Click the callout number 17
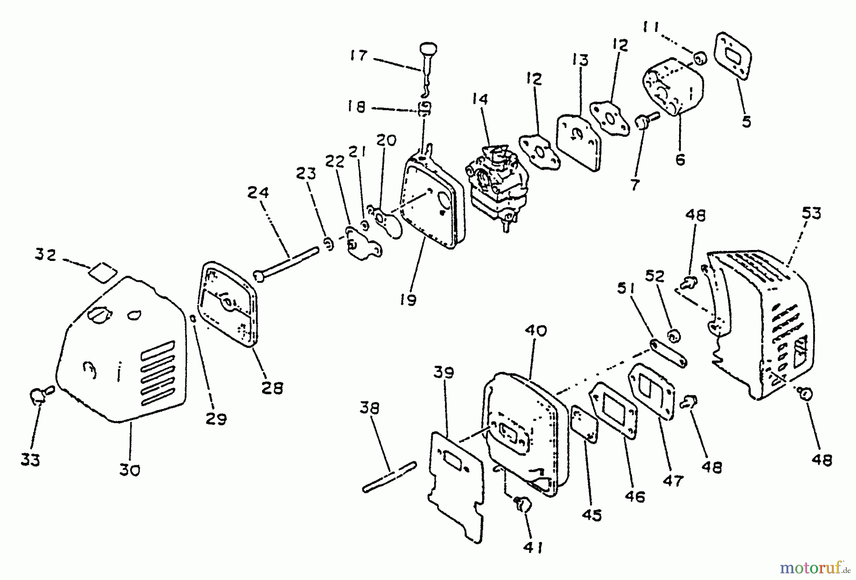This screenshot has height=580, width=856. point(359,56)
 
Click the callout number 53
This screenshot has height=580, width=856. point(811,213)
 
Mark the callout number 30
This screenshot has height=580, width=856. point(129,470)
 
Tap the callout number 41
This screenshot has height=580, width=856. point(532,548)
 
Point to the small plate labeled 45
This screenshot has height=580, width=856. point(584,424)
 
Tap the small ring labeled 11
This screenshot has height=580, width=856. point(699,60)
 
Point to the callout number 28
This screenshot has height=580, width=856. point(272,388)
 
